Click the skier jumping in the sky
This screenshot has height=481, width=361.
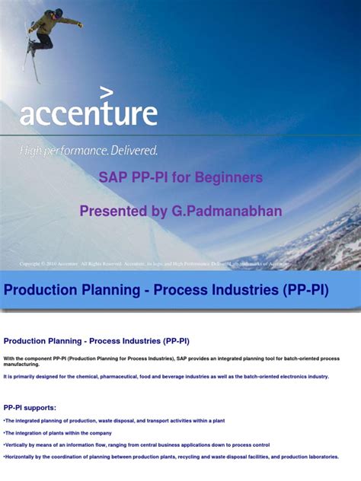pyautogui.click(x=50, y=31)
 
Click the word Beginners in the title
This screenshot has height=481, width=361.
pyautogui.click(x=230, y=177)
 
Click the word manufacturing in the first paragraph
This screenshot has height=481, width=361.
pyautogui.click(x=23, y=365)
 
